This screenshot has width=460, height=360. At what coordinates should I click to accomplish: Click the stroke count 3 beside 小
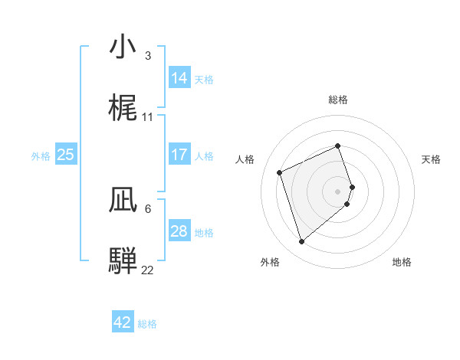(x=147, y=56)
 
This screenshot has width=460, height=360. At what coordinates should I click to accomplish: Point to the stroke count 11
(x=148, y=117)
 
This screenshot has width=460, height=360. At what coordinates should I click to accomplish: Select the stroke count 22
(x=147, y=270)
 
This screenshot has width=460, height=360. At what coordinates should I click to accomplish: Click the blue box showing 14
(x=179, y=78)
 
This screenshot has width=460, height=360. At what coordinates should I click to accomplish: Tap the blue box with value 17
(x=179, y=155)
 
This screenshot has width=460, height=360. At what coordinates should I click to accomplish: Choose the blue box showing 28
(x=179, y=231)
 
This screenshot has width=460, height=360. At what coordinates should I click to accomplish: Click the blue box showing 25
(x=65, y=155)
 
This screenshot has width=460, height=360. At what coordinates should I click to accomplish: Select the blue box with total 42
(x=123, y=322)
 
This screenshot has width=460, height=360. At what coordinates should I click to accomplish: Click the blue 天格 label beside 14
(x=204, y=79)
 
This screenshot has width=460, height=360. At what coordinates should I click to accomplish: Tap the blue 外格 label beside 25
(x=41, y=155)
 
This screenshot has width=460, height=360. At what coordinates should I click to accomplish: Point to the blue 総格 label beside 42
(x=147, y=323)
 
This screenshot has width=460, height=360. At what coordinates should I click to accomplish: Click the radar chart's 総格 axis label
(x=338, y=100)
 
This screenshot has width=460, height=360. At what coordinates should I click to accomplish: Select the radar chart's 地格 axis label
(x=402, y=262)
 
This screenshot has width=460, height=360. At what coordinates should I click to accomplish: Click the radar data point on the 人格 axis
(x=281, y=172)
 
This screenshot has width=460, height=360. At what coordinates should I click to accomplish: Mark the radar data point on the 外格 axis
(x=302, y=242)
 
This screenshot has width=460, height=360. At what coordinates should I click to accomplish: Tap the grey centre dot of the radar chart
(x=338, y=191)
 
